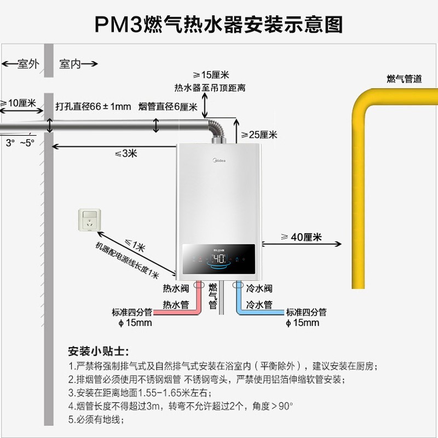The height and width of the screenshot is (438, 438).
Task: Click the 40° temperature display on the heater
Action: click(219, 258)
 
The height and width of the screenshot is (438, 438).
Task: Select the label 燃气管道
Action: click(404, 79)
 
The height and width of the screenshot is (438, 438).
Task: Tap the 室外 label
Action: click(25, 64)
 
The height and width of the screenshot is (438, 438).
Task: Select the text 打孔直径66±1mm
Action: click(93, 106)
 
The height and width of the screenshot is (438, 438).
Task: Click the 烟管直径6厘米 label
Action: click(168, 107)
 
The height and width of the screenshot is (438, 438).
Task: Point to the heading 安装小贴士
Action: click(98, 351)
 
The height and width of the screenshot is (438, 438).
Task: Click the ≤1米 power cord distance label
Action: click(135, 247)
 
